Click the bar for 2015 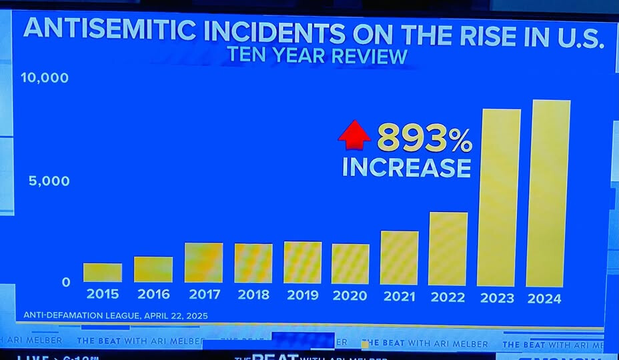103,273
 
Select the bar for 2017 203,263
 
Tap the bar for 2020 350,264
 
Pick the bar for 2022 448,249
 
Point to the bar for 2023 499,198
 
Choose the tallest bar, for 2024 548,193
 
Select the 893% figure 424,139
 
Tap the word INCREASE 406,167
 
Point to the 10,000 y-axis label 45,78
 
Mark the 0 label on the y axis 65,282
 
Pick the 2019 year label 302,295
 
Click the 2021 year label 399,297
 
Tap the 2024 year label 545,299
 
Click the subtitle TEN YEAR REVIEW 317,56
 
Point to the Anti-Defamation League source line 115,315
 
